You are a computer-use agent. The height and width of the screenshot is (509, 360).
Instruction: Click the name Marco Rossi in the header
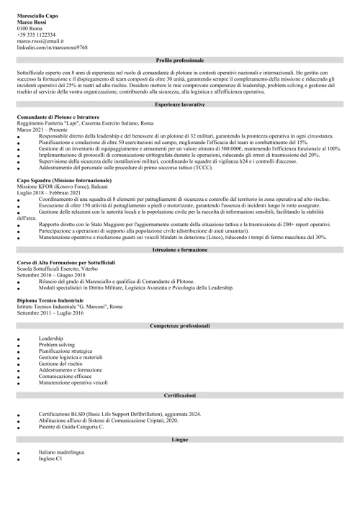coord(32,21)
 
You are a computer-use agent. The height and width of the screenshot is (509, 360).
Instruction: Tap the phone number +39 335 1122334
coord(37,34)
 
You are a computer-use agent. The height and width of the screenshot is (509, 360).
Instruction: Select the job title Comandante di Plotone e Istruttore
coord(58,117)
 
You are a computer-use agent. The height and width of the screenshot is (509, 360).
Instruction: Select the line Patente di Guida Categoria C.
coord(71,427)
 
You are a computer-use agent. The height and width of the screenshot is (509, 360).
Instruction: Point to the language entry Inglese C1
coord(50,458)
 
